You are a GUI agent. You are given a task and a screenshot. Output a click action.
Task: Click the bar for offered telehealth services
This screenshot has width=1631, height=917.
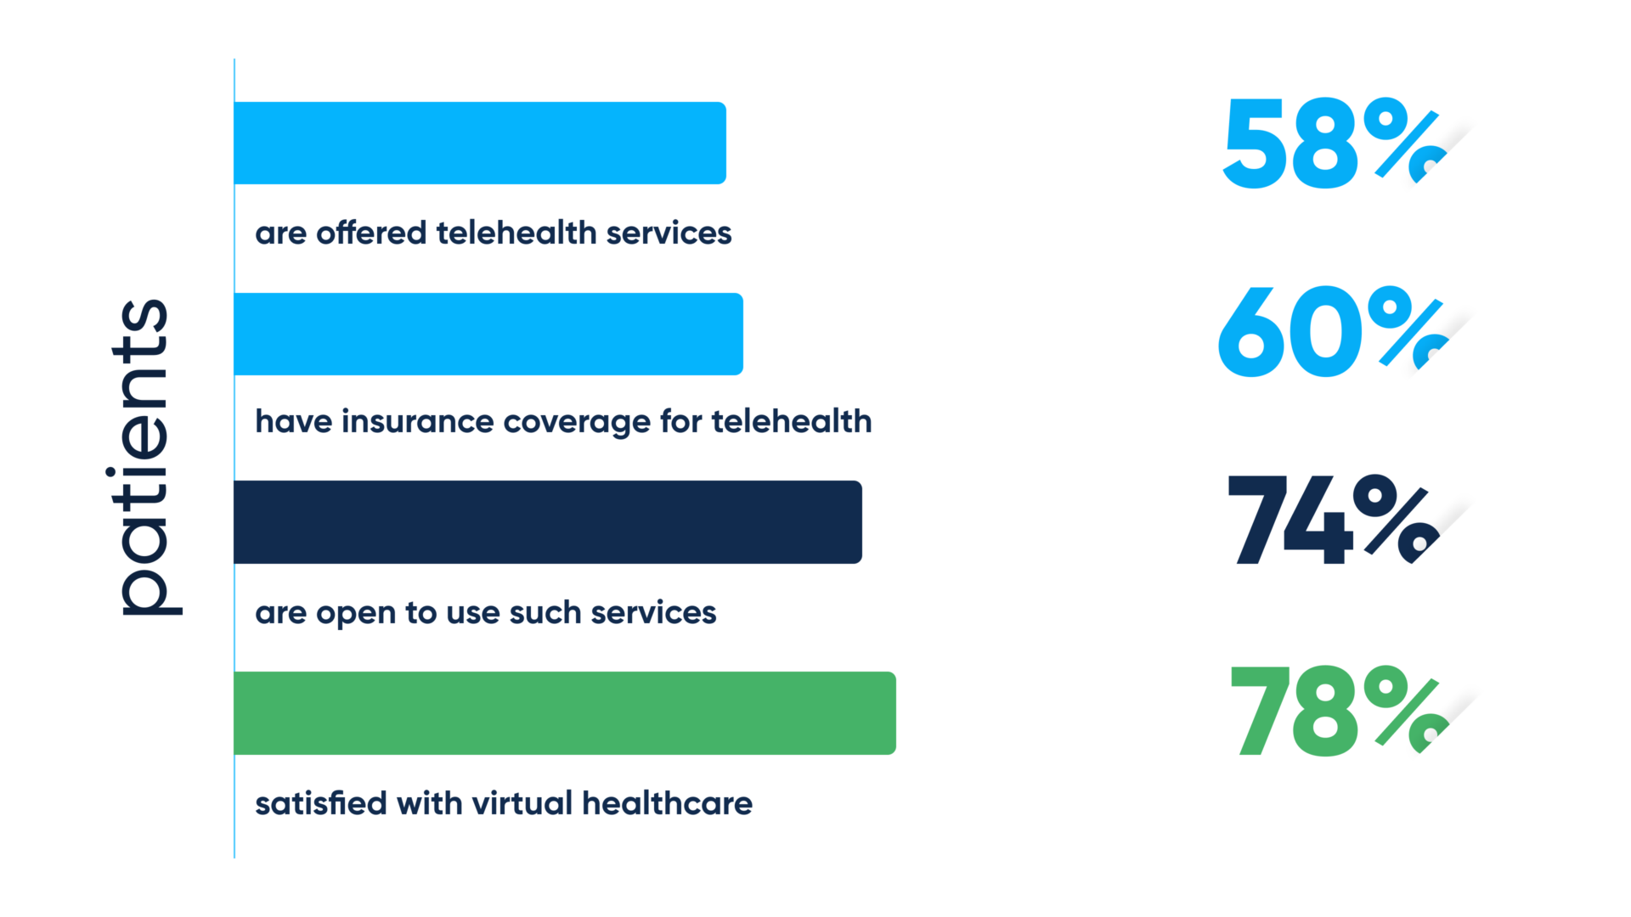(x=480, y=143)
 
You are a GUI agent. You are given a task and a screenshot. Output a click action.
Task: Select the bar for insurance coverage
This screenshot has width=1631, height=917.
(x=488, y=334)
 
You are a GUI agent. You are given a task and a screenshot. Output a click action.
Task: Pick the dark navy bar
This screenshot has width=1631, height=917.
(x=548, y=521)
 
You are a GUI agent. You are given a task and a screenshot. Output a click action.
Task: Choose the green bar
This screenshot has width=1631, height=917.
(x=565, y=712)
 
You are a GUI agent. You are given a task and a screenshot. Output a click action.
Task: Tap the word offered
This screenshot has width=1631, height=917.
(x=371, y=233)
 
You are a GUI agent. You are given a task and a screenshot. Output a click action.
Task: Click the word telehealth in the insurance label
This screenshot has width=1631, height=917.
(x=792, y=421)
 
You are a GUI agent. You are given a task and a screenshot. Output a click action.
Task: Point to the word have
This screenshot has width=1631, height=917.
(x=293, y=421)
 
